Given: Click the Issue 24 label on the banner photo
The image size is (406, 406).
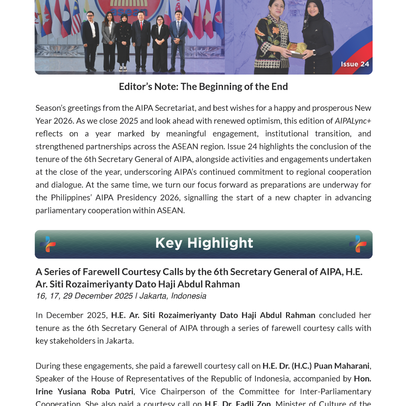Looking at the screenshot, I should click(x=355, y=64).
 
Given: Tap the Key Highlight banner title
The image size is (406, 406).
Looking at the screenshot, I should click(x=204, y=243).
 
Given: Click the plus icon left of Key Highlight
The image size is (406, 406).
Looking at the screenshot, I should click(x=48, y=244).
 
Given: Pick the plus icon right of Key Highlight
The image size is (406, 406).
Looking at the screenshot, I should click(x=358, y=244).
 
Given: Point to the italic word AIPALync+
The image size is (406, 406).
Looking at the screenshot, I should click(x=353, y=121).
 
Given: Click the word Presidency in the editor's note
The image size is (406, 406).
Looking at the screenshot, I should click(x=137, y=197).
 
